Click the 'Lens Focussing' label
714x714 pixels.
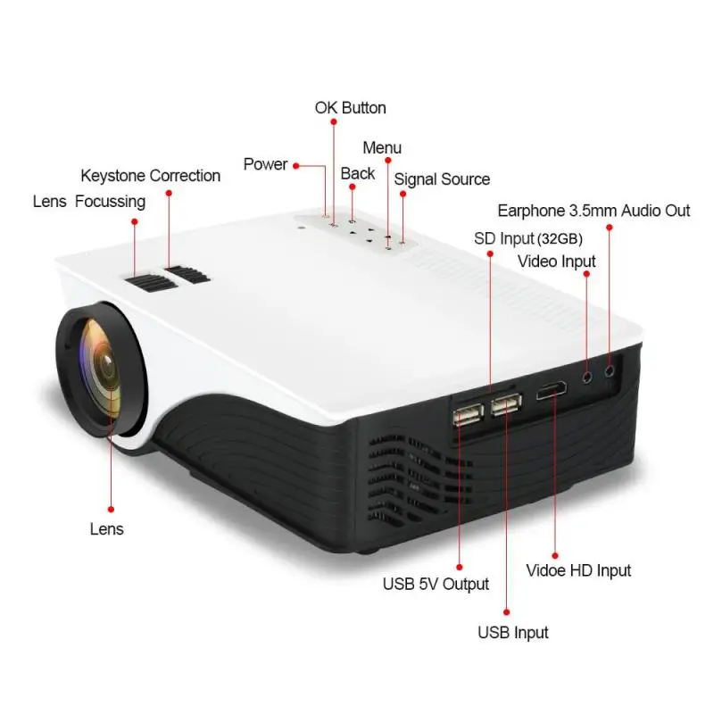(88, 202)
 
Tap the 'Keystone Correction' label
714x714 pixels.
(150, 176)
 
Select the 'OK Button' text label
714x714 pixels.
(350, 108)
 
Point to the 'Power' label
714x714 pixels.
(265, 164)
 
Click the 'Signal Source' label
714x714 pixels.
(442, 179)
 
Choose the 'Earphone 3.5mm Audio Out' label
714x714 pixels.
(594, 211)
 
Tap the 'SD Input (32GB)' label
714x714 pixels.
(517, 238)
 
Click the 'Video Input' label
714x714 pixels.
(556, 262)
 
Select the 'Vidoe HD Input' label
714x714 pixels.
(578, 570)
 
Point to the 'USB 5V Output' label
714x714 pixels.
(436, 584)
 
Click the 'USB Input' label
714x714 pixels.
(512, 633)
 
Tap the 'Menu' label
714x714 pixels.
(382, 147)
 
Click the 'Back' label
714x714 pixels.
(358, 173)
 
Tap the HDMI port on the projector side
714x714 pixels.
(549, 392)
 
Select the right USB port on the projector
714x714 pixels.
(504, 405)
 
